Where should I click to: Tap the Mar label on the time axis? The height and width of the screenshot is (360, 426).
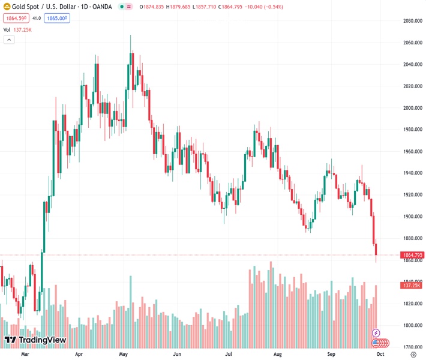point(25,355)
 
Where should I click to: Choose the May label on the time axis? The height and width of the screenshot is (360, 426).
point(123,355)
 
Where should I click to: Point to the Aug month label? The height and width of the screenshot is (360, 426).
point(277,355)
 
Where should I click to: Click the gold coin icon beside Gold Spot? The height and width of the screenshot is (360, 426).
point(7,7)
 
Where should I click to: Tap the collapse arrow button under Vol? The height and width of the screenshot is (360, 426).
point(8,40)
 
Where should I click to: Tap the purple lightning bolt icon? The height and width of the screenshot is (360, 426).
point(376,332)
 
